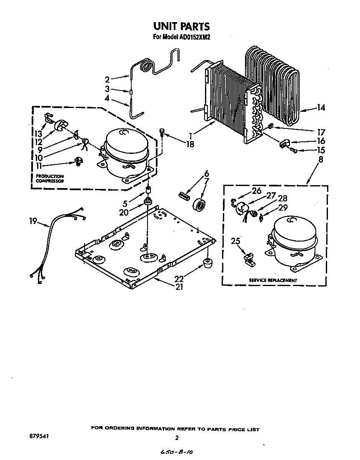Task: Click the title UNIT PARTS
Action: tap(180, 26)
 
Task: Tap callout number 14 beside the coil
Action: tap(321, 108)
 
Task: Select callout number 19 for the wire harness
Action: tap(33, 222)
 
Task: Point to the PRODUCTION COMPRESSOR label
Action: tap(50, 179)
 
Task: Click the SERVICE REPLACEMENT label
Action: tap(273, 280)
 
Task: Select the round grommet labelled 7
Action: tap(200, 206)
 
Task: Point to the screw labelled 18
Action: tap(162, 133)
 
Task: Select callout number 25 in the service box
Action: tap(236, 241)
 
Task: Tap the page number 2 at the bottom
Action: tap(177, 437)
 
